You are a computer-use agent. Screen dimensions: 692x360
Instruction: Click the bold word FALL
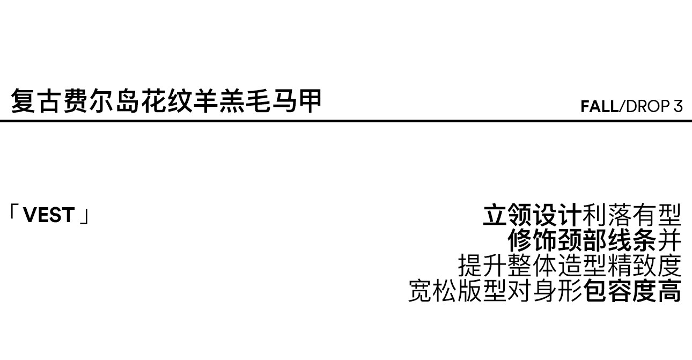(600, 107)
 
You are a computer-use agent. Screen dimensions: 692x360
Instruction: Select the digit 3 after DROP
(678, 107)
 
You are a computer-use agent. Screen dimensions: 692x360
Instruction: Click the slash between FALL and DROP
(622, 107)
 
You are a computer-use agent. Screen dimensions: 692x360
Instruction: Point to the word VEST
(49, 215)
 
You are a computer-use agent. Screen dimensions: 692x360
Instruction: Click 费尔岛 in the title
(101, 101)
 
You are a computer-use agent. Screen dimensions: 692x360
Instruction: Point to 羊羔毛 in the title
(232, 101)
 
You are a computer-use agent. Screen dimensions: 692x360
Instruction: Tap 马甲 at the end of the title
(297, 101)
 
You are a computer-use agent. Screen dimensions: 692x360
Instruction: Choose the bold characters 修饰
(532, 240)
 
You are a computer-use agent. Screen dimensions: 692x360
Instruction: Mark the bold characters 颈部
(582, 240)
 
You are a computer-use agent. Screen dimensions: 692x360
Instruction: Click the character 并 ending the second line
(669, 240)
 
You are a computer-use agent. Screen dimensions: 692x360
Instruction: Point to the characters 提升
(482, 266)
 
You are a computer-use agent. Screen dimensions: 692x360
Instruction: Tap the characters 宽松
(433, 291)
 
